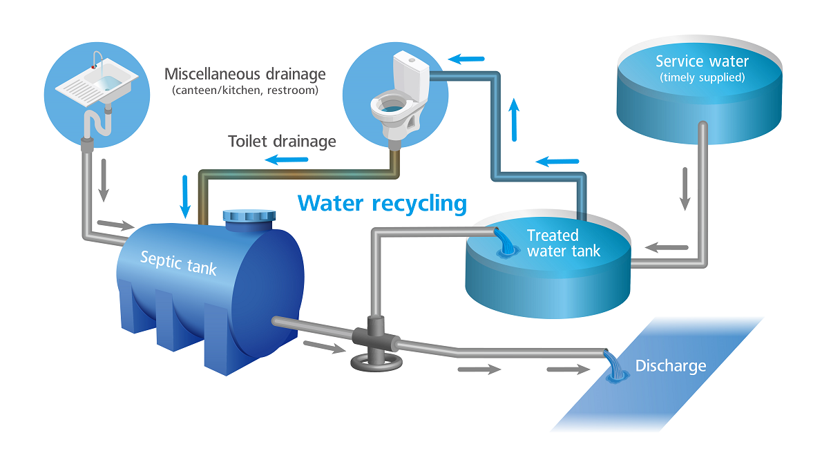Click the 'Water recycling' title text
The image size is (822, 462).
pos(382,204)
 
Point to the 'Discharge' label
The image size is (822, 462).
pos(671,366)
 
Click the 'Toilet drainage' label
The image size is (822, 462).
pos(282,142)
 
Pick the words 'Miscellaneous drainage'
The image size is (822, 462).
pos(245,74)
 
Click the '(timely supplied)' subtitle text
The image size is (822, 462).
pos(702,77)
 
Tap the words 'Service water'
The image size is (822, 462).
pos(702,61)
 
